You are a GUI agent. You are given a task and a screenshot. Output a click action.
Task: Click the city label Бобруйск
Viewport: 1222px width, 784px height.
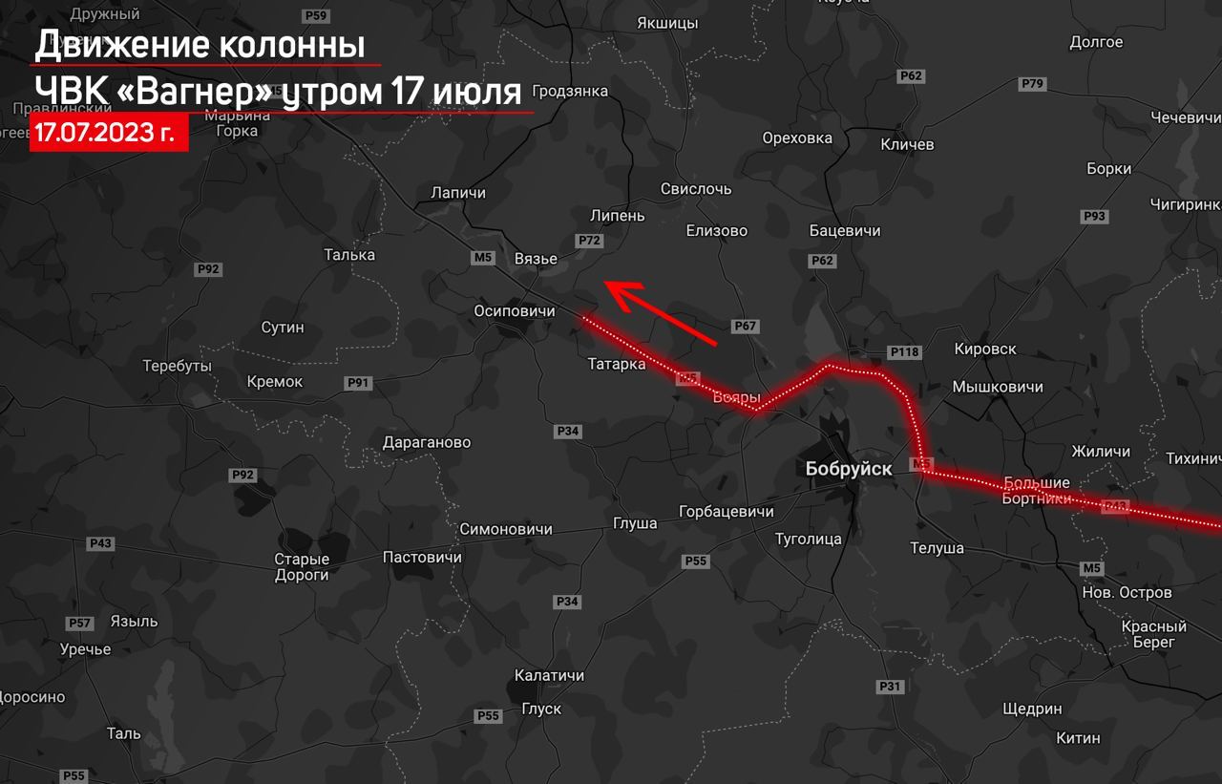pos(849,469)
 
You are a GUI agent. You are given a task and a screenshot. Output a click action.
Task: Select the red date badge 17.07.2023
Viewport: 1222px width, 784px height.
pos(108,133)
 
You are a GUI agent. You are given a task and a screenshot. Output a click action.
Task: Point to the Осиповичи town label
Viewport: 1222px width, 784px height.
pos(515,311)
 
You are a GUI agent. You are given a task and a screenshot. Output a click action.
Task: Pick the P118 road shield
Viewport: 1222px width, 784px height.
pos(903,352)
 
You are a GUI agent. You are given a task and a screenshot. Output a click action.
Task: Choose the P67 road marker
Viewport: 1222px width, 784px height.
pos(745,327)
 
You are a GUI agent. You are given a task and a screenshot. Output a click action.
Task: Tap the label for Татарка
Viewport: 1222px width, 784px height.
pos(616,364)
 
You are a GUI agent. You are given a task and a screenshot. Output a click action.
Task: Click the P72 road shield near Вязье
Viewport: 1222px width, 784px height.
pos(590,241)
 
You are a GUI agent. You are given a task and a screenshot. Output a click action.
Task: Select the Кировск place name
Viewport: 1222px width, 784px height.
pos(984,350)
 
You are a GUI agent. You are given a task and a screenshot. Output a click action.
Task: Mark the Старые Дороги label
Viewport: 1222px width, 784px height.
pos(302,567)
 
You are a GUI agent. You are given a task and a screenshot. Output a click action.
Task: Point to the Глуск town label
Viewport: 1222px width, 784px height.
pos(541,709)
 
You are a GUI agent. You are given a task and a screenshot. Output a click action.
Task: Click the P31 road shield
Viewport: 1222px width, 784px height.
pos(890,687)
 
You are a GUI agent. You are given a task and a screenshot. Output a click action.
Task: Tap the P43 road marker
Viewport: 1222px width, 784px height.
pos(100,543)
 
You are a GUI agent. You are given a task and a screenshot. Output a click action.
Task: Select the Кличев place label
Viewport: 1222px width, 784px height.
pos(907,144)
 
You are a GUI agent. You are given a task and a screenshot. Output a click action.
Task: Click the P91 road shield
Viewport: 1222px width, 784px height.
pos(358,383)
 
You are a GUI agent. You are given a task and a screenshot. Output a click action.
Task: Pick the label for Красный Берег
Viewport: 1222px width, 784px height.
pos(1154,634)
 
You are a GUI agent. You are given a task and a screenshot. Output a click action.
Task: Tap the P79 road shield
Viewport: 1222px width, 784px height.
pos(1032,84)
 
